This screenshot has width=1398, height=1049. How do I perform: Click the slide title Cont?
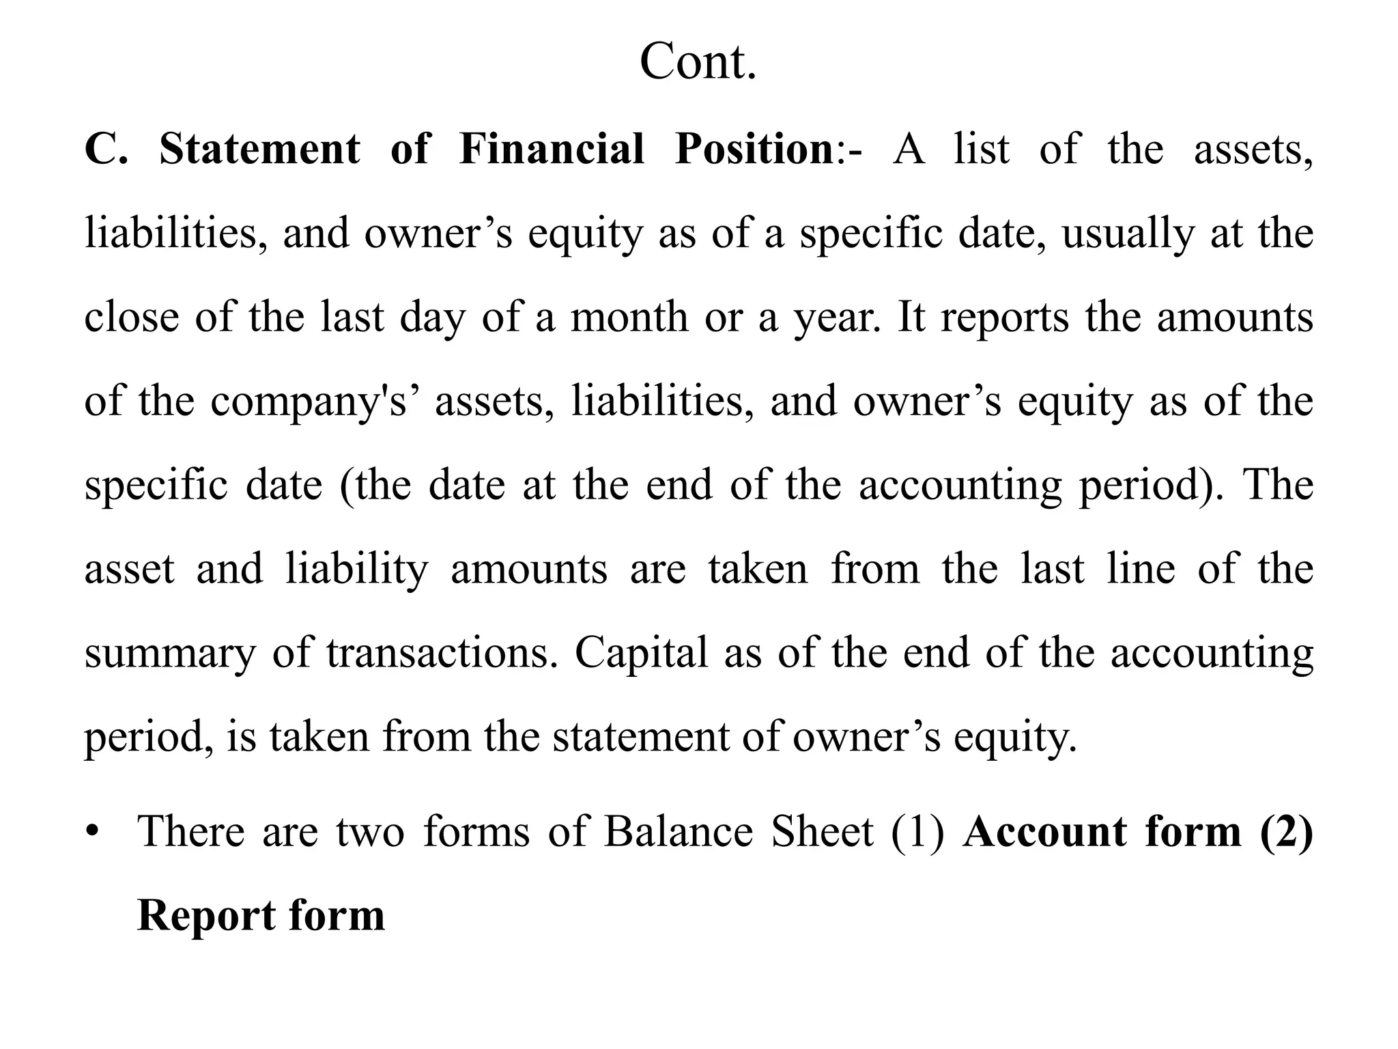(698, 62)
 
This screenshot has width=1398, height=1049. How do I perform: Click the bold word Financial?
(552, 149)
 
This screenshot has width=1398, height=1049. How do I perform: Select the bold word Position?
(754, 149)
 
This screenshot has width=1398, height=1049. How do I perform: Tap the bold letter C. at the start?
(106, 149)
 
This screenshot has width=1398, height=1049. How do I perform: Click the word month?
(629, 318)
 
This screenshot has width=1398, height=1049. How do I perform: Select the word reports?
(1005, 318)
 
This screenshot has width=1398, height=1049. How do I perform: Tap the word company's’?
(318, 402)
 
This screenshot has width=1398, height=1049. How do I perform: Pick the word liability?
(357, 569)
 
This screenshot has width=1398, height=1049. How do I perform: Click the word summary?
(169, 653)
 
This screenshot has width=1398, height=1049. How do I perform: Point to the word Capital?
(641, 653)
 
